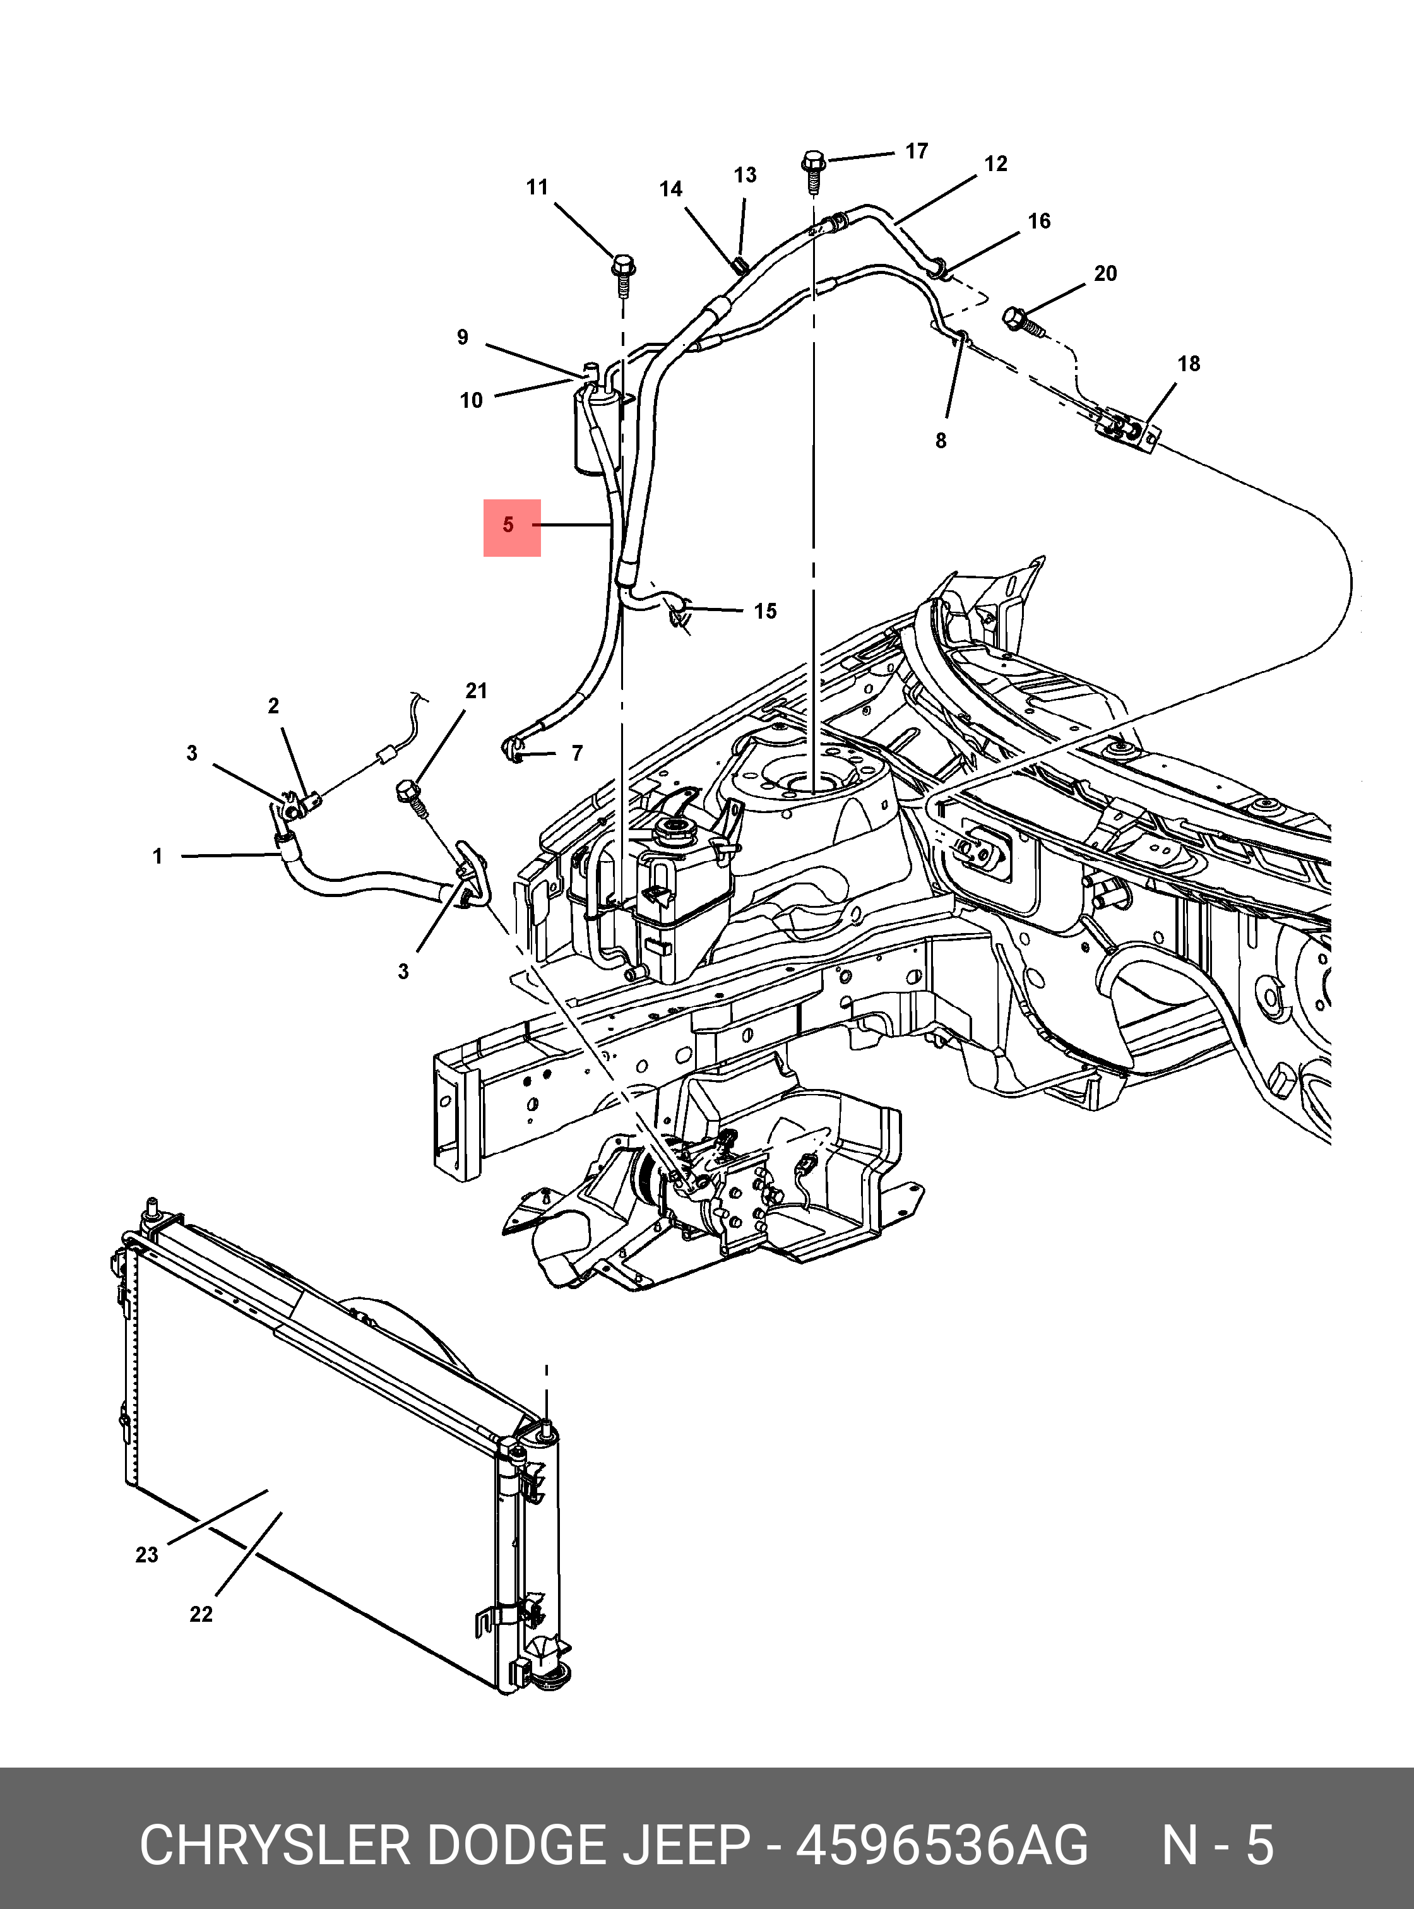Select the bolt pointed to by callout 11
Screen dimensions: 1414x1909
coord(623,274)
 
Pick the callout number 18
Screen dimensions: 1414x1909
coord(1189,364)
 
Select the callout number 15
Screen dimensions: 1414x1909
coord(765,611)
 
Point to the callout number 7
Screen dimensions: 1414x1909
coord(577,753)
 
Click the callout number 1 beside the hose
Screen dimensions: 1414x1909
coord(157,856)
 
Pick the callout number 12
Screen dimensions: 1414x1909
coord(995,164)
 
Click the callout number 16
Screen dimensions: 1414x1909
coord(1039,221)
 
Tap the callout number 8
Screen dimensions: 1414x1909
coord(941,441)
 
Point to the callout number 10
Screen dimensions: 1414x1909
coord(472,401)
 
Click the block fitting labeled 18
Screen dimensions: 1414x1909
coord(1130,429)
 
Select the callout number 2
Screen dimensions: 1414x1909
coord(273,706)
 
